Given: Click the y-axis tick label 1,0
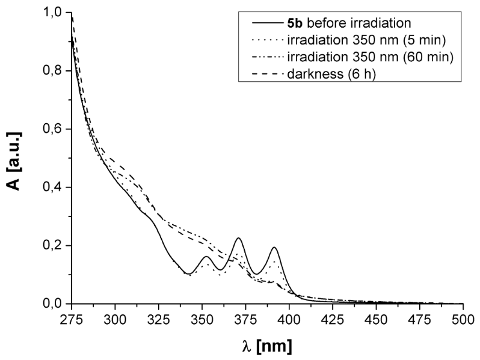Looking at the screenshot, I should (x=54, y=11).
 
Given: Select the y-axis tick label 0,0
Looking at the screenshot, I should (x=54, y=304).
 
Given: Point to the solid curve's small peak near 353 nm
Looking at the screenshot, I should (x=206, y=257).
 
